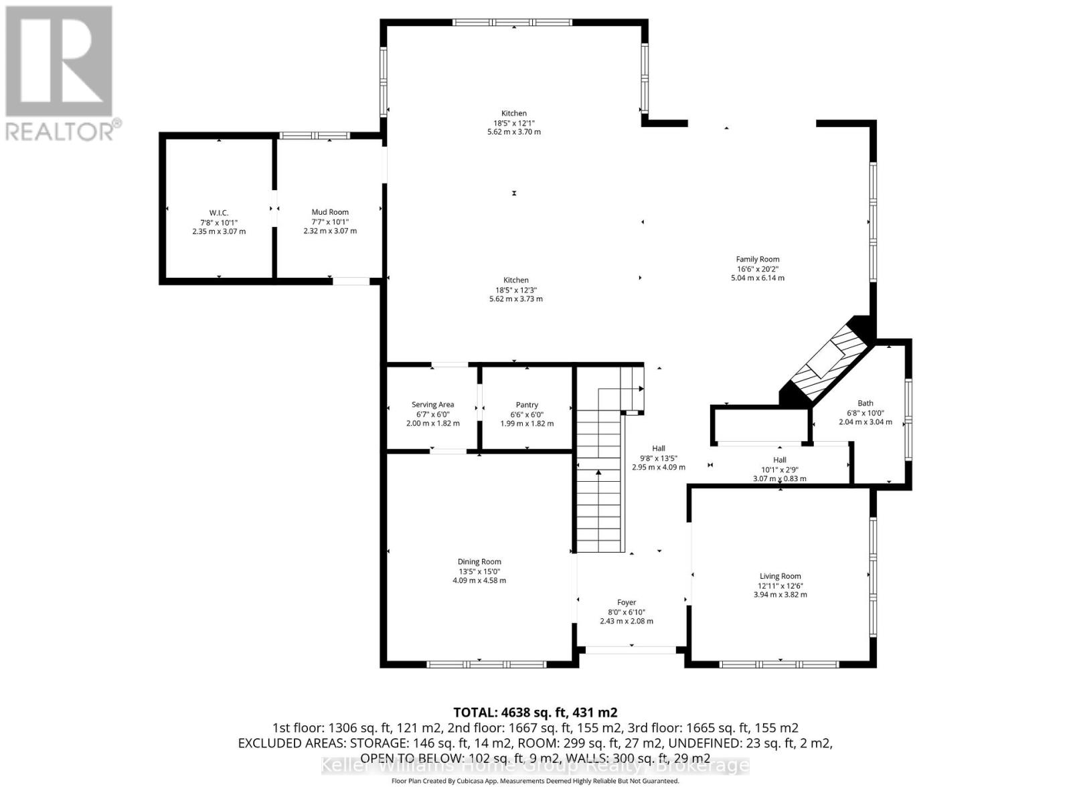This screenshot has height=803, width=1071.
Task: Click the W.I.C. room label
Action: (218, 213)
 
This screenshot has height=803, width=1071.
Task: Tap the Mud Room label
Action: (330, 212)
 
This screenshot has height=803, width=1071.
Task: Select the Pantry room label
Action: (527, 405)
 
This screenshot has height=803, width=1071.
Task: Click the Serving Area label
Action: (432, 405)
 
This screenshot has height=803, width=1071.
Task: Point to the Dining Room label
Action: (479, 562)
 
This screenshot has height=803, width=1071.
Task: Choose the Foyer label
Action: (627, 602)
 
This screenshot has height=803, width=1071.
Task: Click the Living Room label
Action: (780, 576)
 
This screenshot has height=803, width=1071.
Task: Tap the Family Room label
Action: (758, 260)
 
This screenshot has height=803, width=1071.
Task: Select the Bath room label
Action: (866, 404)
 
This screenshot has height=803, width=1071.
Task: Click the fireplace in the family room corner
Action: (827, 362)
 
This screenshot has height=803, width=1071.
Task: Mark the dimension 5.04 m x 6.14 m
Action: (758, 278)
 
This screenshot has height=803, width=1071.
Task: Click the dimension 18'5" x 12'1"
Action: (514, 123)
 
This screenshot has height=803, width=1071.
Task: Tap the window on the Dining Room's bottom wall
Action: (487, 664)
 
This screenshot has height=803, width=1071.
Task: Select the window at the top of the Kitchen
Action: (513, 22)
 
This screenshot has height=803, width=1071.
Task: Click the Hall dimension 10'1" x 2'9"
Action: (780, 469)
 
